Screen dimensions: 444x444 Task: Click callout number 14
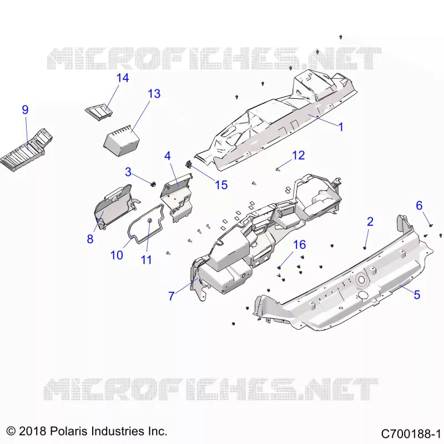123,78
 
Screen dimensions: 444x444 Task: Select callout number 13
154,94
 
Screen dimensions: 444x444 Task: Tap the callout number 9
25,109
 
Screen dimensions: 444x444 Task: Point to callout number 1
341,127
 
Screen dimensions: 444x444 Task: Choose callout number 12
299,155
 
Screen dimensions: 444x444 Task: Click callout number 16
300,245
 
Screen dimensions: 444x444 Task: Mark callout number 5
417,295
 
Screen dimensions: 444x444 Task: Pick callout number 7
171,296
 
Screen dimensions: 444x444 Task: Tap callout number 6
419,205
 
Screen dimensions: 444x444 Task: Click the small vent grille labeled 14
99,112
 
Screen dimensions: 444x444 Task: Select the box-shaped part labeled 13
122,140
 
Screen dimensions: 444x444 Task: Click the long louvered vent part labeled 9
26,150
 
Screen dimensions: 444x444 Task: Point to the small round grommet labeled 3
153,184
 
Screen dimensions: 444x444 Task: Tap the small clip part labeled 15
188,163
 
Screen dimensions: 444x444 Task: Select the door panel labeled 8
115,206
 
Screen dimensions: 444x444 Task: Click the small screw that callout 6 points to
431,225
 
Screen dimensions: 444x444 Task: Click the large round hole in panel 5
361,280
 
